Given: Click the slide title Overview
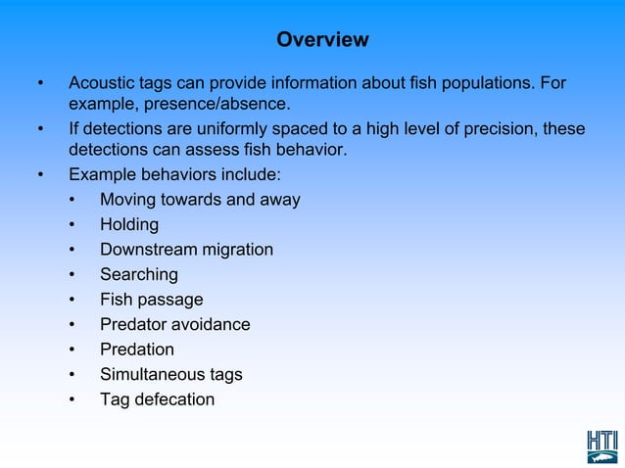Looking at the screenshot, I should pos(322,40).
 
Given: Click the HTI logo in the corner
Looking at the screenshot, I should pos(602,445).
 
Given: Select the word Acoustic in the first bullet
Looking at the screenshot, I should pos(102,81).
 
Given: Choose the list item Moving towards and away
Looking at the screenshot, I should pos(200,200).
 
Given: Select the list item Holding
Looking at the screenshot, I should pos(128,225).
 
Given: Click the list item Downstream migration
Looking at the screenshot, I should pos(186,250).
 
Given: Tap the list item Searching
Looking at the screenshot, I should pos(138,275).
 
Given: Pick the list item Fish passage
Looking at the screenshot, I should pos(151,300).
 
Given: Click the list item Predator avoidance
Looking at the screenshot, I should pos(174,324).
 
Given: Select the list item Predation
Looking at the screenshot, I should pos(136,350).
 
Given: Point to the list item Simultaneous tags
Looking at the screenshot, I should pos(170,374).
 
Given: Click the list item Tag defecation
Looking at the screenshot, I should pos(157,399).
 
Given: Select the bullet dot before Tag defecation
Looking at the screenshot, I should pos(72,399).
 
